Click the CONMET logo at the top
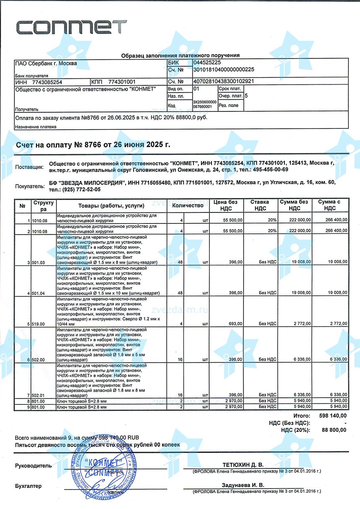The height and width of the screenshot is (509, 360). (71, 27)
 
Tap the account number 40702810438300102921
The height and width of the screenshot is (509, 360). (223, 82)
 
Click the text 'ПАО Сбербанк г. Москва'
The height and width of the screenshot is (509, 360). (46, 63)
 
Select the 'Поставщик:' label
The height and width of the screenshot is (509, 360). (29, 167)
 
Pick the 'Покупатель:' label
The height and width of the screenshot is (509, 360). (29, 186)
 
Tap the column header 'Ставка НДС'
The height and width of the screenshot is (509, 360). (260, 205)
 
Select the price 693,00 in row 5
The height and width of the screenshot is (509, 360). (236, 324)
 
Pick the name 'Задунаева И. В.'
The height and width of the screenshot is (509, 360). (243, 486)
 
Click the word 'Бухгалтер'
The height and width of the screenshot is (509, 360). (28, 486)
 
